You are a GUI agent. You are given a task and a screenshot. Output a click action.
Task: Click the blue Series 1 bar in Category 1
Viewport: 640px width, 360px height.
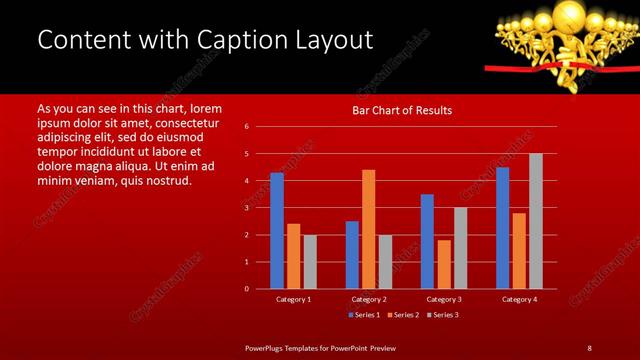point(277,231)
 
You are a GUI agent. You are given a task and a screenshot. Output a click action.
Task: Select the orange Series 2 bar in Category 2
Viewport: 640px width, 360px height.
point(369,229)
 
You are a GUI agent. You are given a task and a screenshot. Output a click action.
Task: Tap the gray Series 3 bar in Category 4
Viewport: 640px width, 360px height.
point(536,221)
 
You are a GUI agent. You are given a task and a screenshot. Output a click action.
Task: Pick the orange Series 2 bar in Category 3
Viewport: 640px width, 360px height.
point(444,264)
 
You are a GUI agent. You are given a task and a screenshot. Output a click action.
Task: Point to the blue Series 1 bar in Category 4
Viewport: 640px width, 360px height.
point(502,228)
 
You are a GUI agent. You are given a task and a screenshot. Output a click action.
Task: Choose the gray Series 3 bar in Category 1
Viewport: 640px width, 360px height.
point(310,262)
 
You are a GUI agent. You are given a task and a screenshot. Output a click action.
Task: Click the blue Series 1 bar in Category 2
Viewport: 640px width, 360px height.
point(352,255)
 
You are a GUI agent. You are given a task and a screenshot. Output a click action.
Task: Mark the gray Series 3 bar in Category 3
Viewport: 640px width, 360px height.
point(460,248)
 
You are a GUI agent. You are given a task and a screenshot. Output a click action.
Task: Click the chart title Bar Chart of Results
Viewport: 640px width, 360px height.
point(401,110)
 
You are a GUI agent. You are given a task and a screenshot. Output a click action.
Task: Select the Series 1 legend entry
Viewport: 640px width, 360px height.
point(363,315)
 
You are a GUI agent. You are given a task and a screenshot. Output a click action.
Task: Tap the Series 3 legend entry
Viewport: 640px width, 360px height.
point(443,315)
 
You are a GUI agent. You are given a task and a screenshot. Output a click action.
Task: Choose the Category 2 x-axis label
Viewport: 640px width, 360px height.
point(369,299)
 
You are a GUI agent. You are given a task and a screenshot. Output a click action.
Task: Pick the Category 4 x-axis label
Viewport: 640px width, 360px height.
point(519,299)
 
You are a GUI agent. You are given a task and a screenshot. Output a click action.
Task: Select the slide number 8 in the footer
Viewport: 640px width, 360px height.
point(589,347)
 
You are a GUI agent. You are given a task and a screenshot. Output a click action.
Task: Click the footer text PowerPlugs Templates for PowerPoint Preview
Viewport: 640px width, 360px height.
point(320,347)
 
